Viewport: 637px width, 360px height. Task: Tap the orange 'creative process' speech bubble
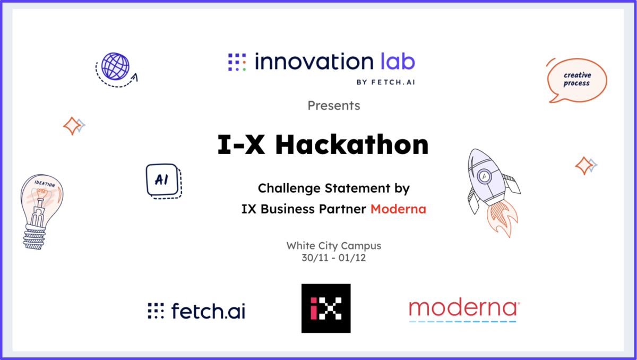[576, 80]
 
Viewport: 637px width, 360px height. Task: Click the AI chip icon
[161, 179]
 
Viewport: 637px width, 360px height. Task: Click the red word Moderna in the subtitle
[398, 209]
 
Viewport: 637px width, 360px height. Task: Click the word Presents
[333, 106]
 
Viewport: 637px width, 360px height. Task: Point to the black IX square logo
[325, 308]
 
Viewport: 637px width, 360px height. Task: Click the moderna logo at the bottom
[463, 310]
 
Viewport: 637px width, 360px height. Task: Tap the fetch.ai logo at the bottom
[196, 311]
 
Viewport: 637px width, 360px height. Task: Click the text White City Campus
[333, 246]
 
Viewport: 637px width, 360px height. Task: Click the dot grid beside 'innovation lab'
[237, 62]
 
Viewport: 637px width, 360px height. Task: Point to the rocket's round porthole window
[485, 175]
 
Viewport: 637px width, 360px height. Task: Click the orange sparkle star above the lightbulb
[71, 126]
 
